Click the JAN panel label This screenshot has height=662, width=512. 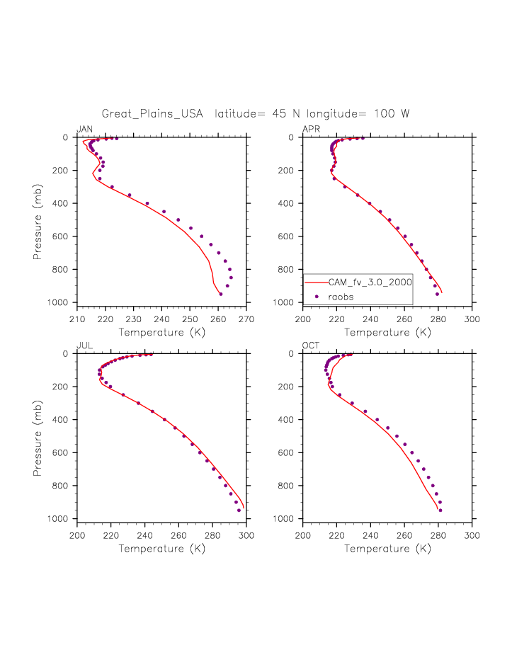[x=84, y=129]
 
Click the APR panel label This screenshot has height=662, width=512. [x=311, y=129]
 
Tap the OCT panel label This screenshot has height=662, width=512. [x=311, y=346]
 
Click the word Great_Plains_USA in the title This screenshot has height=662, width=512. [x=152, y=113]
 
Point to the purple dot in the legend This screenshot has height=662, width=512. [x=317, y=297]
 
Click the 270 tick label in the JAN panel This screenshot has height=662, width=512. [x=246, y=319]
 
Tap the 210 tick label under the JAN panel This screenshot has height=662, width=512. [x=77, y=319]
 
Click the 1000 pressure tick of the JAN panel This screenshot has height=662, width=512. [x=63, y=303]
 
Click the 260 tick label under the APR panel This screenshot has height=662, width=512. [x=405, y=319]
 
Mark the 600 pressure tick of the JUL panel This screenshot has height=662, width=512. [x=65, y=453]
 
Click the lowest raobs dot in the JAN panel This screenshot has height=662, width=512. [x=221, y=294]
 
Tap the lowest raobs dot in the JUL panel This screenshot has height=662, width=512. [x=239, y=510]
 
